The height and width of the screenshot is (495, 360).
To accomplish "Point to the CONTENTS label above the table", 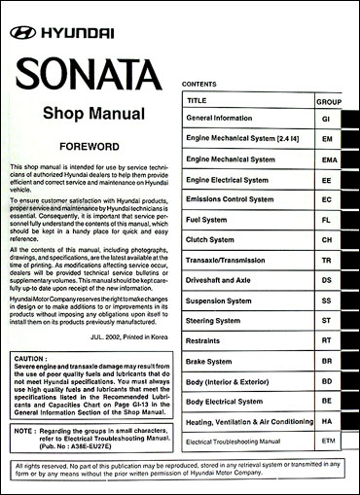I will (199, 86).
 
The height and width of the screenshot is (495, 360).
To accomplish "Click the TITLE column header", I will (198, 100).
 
